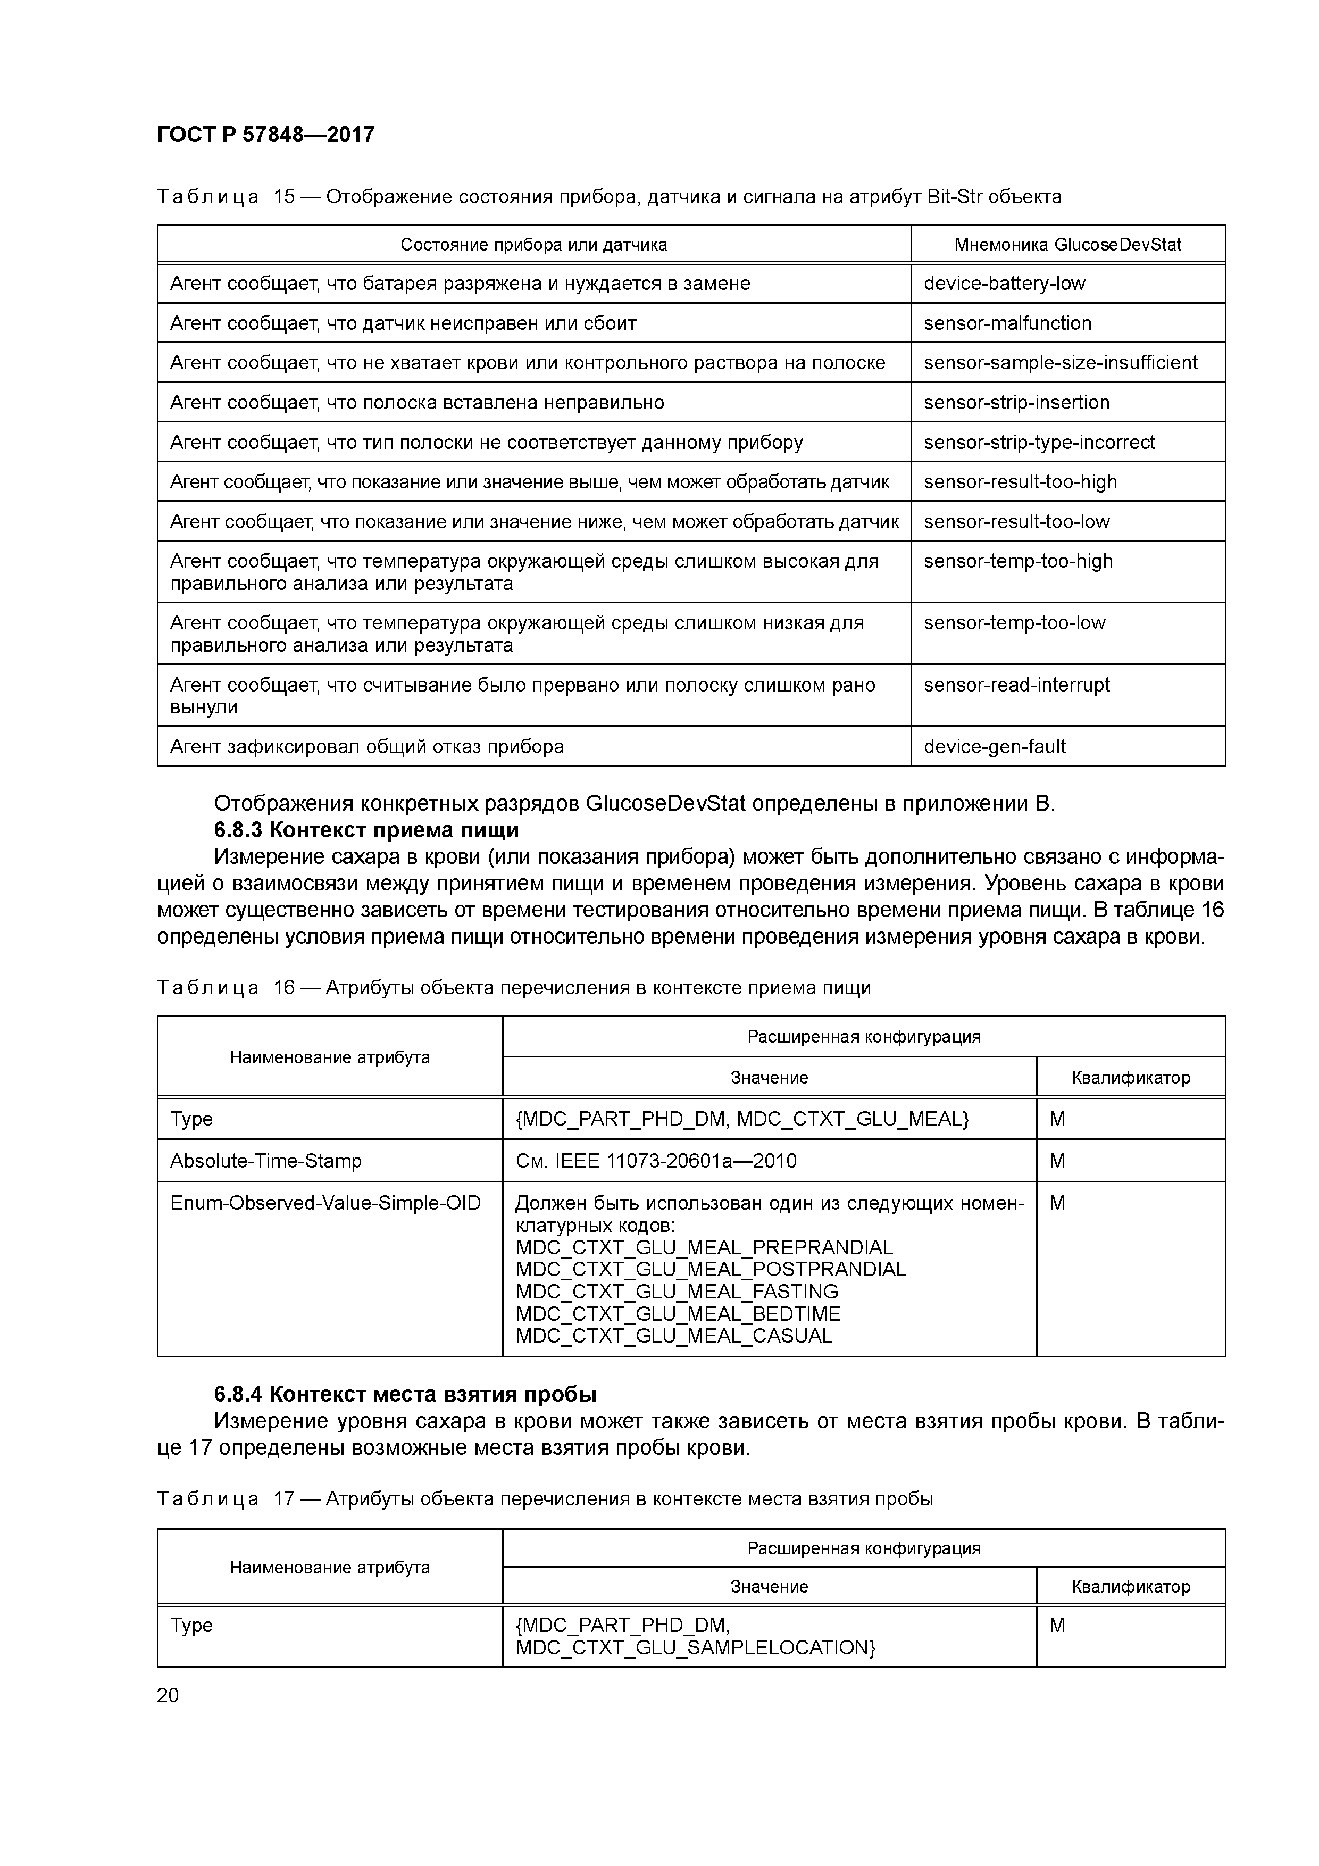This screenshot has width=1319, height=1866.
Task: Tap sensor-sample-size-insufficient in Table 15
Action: (x=1060, y=362)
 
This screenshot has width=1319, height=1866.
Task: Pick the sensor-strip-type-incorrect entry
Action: (x=1039, y=442)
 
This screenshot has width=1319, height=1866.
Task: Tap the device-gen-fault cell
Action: (x=994, y=746)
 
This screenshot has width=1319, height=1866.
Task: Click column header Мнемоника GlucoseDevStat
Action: (x=1067, y=245)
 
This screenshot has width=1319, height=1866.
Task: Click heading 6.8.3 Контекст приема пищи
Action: (x=366, y=830)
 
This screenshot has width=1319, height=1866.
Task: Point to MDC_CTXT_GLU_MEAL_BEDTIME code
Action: (x=678, y=1314)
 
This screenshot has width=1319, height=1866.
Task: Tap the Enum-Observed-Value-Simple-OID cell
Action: (x=325, y=1203)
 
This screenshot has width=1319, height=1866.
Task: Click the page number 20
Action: (x=168, y=1695)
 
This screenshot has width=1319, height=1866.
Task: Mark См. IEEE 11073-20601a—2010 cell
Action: (x=655, y=1161)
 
